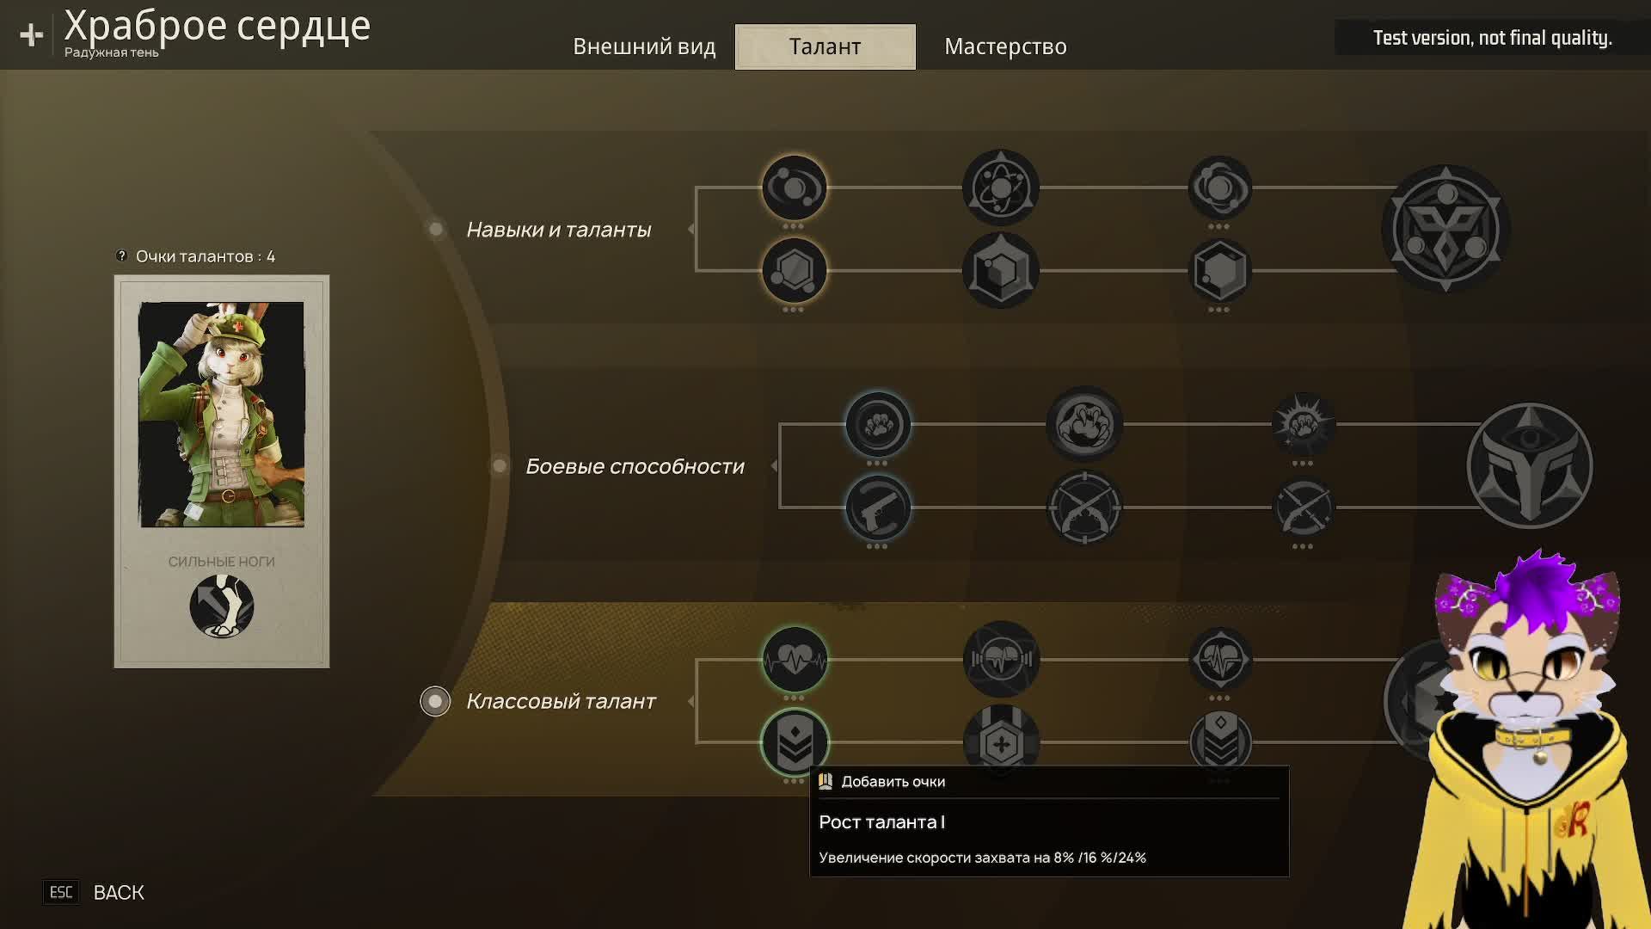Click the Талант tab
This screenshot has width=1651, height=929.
pos(825,46)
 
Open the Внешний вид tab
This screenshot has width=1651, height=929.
pos(644,46)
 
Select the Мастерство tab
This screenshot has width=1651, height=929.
pos(1005,46)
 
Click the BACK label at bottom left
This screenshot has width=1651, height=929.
pos(119,893)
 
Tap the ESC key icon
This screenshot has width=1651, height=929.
pos(61,893)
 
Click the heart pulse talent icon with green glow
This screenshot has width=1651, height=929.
pos(795,660)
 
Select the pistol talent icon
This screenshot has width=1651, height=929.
pos(877,508)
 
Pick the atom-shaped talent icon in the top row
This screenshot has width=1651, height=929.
pos(1000,188)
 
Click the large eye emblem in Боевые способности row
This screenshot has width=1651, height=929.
pos(1529,466)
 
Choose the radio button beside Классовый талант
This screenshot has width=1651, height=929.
pos(435,701)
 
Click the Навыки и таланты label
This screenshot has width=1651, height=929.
pos(558,230)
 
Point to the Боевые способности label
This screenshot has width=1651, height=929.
pos(635,466)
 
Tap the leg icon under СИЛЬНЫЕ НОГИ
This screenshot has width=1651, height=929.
pos(221,606)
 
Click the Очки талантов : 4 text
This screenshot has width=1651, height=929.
pos(205,256)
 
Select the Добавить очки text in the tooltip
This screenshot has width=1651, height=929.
pos(893,782)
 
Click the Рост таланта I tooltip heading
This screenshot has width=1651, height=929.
pos(881,822)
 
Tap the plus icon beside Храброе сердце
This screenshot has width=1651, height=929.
pos(32,34)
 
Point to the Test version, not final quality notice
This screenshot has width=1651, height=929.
pos(1492,38)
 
